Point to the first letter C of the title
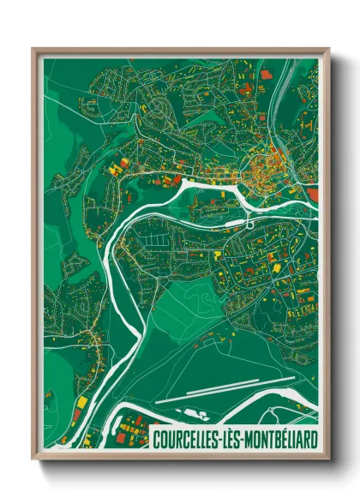[x=156, y=441]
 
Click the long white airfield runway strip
[x=231, y=388]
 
